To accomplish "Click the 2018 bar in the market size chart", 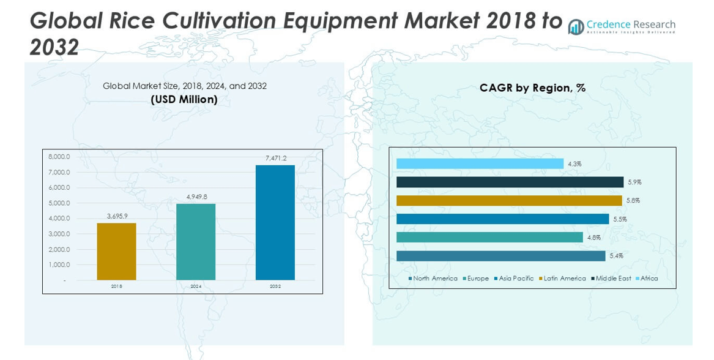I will click(116, 252).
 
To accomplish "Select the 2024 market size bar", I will click(196, 242).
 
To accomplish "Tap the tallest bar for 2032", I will click(275, 222).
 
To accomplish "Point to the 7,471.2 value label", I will click(275, 159).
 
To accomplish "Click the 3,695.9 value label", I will click(117, 216).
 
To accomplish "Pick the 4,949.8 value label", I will click(196, 197).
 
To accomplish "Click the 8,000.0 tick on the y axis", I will click(59, 157).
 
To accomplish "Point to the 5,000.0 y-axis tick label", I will click(59, 203).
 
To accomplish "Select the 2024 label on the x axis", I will click(196, 287).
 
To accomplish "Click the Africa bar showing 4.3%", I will click(480, 163).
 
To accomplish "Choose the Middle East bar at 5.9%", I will click(510, 182).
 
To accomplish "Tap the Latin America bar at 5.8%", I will click(509, 200).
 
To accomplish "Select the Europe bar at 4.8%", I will click(489, 237).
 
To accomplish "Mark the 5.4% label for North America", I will click(616, 256).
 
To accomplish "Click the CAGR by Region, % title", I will click(532, 88).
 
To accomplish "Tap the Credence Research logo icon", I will click(576, 26).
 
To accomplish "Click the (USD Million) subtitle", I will click(184, 99).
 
